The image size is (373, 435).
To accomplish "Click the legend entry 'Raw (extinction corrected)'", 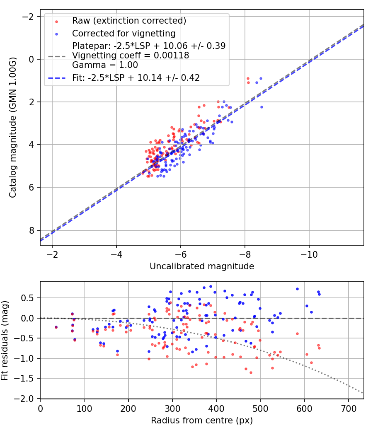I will (129, 21).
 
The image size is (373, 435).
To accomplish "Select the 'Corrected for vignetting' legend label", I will (124, 33).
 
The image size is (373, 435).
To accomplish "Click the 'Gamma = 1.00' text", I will (105, 65).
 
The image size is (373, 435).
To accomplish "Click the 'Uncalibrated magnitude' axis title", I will (202, 266).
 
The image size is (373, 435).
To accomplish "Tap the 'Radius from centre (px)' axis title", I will (202, 420).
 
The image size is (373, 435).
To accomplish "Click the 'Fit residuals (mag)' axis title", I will (5, 340).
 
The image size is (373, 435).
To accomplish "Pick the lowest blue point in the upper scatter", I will (164, 176).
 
